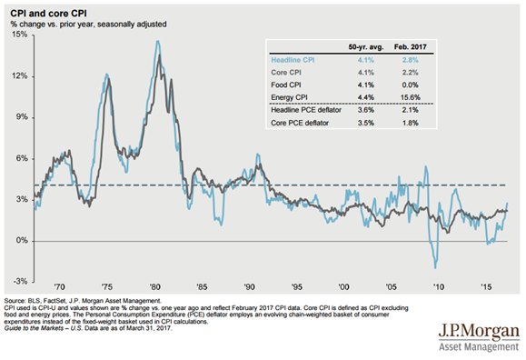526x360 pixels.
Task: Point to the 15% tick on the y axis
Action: pyautogui.click(x=18, y=35)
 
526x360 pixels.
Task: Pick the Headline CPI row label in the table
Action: pyautogui.click(x=294, y=58)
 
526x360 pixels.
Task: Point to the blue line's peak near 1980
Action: pyautogui.click(x=158, y=41)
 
